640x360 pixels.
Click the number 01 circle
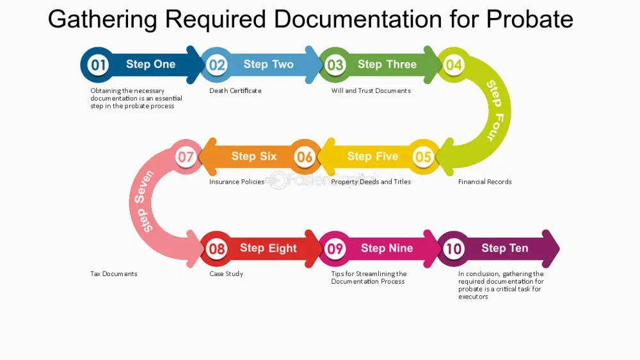click(x=98, y=65)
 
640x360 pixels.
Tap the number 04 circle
click(x=454, y=65)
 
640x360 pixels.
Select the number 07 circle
click(x=186, y=156)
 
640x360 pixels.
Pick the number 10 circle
click(x=454, y=249)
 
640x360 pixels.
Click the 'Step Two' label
click(x=269, y=64)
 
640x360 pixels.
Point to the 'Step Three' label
click(x=387, y=64)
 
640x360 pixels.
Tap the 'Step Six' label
click(x=254, y=156)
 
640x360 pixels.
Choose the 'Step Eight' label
click(x=268, y=248)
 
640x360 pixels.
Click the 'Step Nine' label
click(x=387, y=248)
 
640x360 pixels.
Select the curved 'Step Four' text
click(x=495, y=110)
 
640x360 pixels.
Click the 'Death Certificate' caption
click(x=236, y=91)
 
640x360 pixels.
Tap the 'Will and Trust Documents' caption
click(x=371, y=91)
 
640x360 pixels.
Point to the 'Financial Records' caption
click(x=485, y=182)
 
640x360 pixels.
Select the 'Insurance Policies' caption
click(x=237, y=182)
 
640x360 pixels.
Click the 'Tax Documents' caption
click(x=114, y=274)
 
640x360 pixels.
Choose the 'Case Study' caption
click(x=226, y=274)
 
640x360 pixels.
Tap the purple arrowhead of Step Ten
click(x=550, y=249)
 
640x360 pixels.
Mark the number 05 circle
click(x=423, y=156)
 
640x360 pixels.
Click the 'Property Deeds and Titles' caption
click(x=371, y=182)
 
